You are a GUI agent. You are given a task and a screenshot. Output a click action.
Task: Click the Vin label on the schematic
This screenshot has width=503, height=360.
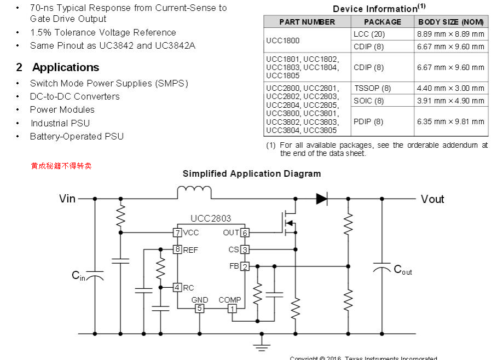(67, 199)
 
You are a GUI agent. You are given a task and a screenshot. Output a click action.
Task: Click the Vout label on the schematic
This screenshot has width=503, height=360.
(432, 199)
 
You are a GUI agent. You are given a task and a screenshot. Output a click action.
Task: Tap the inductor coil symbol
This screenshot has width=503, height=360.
(194, 193)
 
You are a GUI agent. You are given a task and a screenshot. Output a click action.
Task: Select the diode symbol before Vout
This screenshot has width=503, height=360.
(322, 199)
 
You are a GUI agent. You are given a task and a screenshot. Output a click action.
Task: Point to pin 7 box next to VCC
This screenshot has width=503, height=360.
(177, 233)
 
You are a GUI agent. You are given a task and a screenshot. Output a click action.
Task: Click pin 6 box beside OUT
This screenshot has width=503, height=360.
(245, 233)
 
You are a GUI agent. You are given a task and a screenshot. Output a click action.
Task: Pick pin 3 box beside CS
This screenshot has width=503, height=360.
(245, 249)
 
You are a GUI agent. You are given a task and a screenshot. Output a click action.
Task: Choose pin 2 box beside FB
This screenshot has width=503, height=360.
(245, 266)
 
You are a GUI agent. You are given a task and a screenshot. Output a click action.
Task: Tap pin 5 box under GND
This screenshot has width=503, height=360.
(200, 309)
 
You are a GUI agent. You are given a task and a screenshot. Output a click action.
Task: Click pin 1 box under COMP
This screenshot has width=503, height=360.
(232, 309)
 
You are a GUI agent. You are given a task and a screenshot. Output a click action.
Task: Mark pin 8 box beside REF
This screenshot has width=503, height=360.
(177, 249)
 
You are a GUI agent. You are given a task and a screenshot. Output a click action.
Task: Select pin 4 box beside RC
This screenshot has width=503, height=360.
(177, 287)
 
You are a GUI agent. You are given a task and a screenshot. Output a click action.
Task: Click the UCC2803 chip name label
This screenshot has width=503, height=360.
(211, 218)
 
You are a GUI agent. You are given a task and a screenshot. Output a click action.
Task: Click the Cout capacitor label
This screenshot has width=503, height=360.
(403, 269)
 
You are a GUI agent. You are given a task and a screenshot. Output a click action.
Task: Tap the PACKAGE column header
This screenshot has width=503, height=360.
(382, 22)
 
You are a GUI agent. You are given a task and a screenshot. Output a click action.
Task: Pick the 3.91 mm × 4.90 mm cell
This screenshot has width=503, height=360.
(450, 101)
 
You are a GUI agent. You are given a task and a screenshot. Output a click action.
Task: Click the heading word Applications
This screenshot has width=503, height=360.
(66, 67)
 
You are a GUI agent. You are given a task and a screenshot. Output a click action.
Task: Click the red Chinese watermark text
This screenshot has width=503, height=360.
(61, 165)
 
